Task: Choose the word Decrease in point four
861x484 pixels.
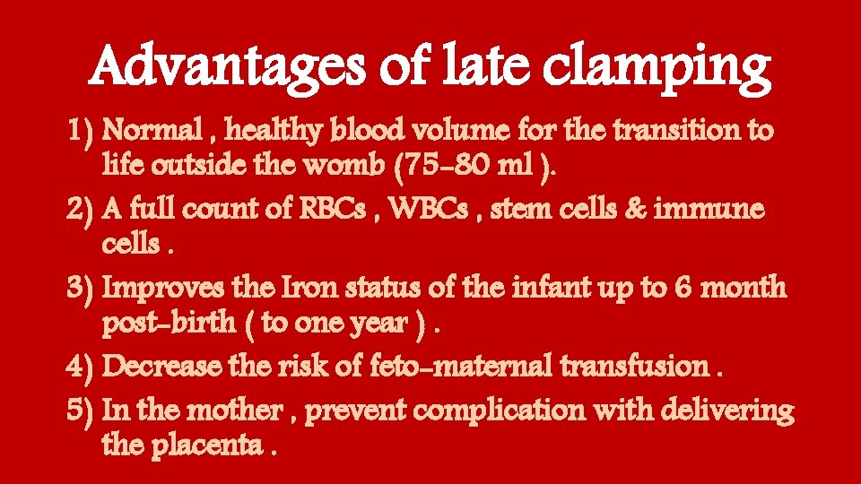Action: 167,366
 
